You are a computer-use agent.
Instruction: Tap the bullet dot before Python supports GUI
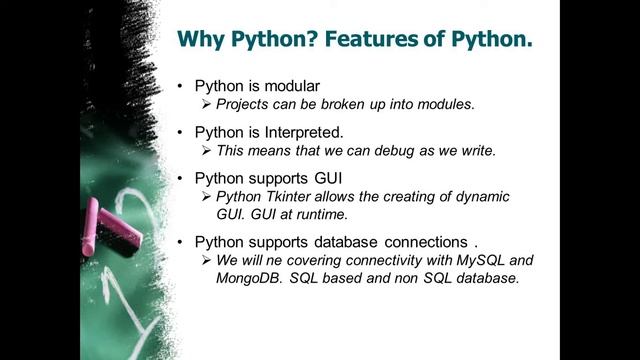tap(178, 177)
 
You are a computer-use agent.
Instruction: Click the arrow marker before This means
tap(207, 151)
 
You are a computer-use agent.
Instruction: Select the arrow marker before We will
tap(207, 260)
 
